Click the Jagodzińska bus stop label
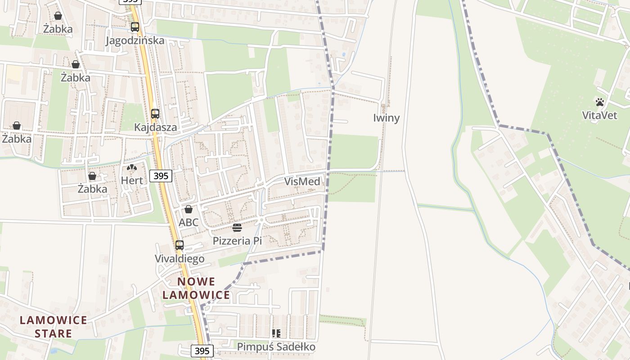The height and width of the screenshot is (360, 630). [x=135, y=40]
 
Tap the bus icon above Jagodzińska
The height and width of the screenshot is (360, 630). [x=135, y=27]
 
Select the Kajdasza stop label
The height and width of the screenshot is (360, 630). [x=156, y=127]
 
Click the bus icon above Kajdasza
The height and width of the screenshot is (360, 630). [x=155, y=113]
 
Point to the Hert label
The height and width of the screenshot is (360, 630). [x=132, y=181]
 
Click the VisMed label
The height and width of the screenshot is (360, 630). [x=302, y=182]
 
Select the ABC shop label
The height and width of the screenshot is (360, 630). [x=189, y=222]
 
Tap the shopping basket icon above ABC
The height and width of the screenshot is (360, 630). [x=189, y=209]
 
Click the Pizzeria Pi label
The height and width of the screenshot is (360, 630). [x=237, y=241]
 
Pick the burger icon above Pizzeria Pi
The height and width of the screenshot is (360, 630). [x=237, y=228]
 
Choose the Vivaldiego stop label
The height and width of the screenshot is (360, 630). [x=180, y=259]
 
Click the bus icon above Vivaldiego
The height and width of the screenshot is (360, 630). [x=180, y=245]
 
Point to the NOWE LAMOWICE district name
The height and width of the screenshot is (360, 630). [x=196, y=288]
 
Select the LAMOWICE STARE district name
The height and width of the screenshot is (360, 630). [x=54, y=327]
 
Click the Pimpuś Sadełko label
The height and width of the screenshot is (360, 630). [x=276, y=347]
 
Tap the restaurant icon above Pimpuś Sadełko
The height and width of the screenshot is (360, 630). [x=276, y=333]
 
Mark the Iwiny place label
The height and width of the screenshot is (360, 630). [x=387, y=118]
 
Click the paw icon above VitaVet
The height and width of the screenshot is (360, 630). [x=600, y=102]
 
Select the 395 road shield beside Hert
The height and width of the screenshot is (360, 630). [x=161, y=176]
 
